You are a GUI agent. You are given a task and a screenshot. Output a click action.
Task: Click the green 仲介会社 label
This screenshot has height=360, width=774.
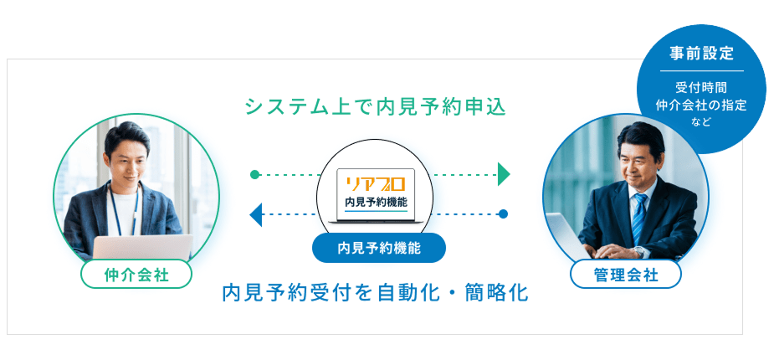[136, 274]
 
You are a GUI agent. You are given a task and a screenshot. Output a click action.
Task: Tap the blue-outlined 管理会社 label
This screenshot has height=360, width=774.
[625, 274]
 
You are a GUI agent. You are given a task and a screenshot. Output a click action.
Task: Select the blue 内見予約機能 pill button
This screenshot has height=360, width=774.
[378, 248]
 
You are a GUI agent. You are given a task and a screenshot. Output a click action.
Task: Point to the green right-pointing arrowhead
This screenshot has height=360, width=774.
[504, 175]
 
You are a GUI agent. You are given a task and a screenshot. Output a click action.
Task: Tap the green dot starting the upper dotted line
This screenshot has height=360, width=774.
[254, 175]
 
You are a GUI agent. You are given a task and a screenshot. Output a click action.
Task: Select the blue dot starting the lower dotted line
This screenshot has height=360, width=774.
[503, 214]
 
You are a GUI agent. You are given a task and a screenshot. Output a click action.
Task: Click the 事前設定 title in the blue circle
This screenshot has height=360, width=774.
[701, 54]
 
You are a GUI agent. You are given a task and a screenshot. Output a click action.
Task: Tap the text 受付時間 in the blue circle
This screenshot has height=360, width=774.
[701, 88]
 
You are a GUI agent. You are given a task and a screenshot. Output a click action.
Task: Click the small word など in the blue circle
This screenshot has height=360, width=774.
[701, 122]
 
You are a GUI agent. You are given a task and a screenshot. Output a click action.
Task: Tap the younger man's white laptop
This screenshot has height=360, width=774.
[142, 246]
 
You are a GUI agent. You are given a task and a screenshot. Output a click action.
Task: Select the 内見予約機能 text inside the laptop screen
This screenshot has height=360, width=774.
[377, 202]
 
